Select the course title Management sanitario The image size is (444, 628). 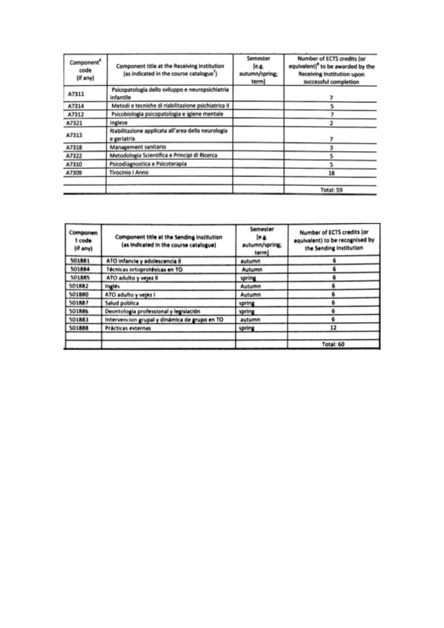click(x=139, y=147)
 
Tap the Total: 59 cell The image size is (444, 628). click(x=331, y=189)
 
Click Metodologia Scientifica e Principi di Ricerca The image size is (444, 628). click(x=162, y=156)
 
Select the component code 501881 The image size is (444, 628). click(x=79, y=262)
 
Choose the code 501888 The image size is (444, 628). click(x=79, y=327)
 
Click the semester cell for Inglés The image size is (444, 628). click(x=254, y=287)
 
